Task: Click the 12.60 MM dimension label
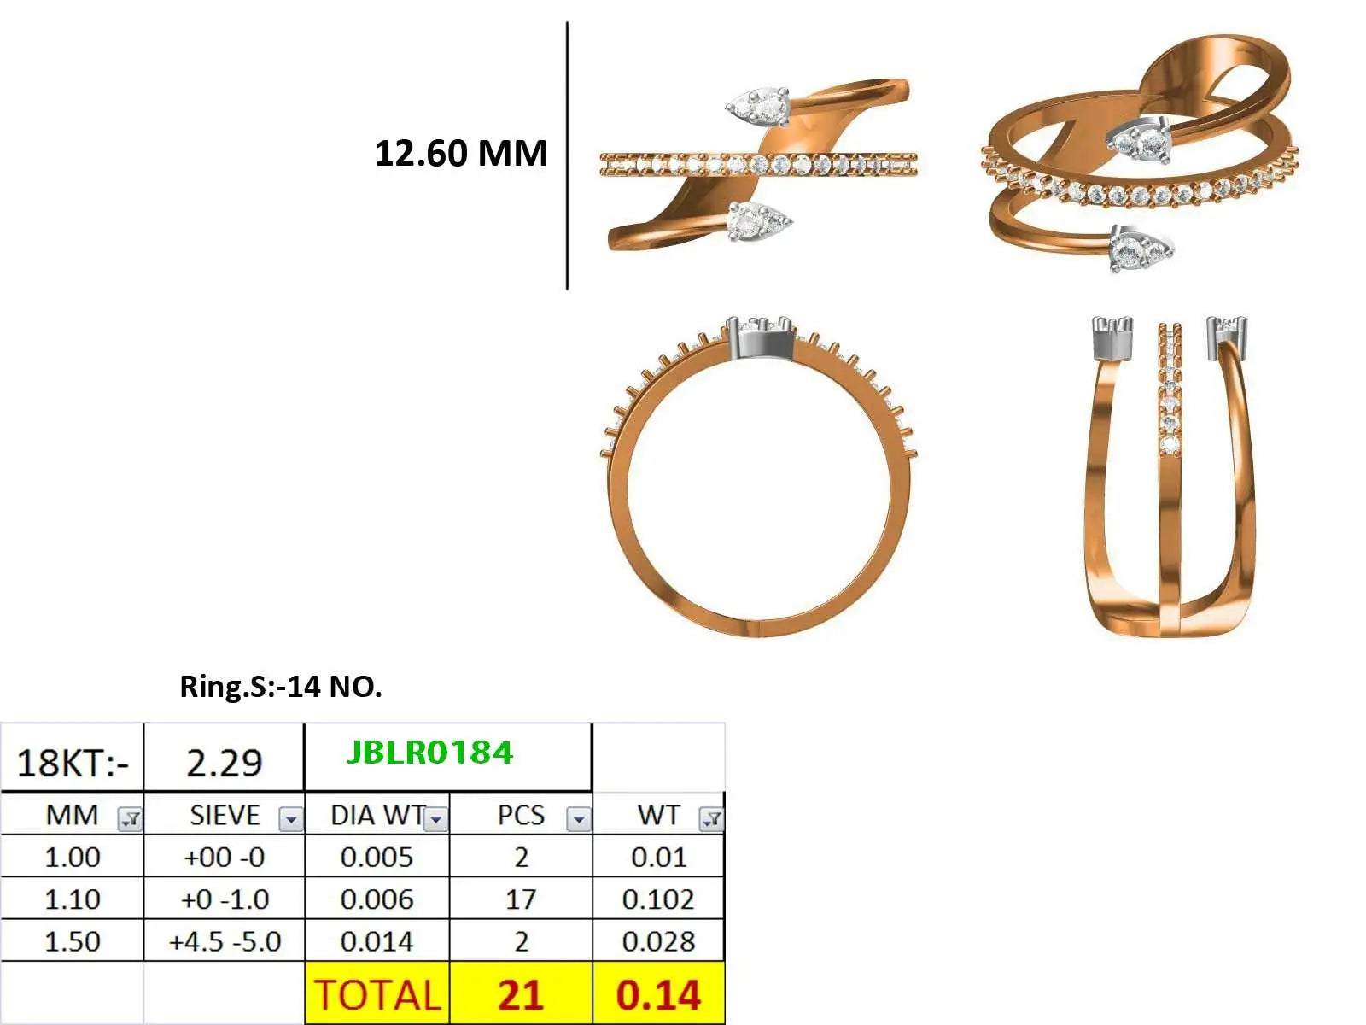(460, 153)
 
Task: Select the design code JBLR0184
(429, 753)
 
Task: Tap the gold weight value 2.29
(224, 764)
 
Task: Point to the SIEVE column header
(225, 815)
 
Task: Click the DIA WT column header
(377, 815)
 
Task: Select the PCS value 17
(520, 899)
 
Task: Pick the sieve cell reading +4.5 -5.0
(225, 941)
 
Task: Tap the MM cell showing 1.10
(73, 899)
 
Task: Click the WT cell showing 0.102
(657, 899)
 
